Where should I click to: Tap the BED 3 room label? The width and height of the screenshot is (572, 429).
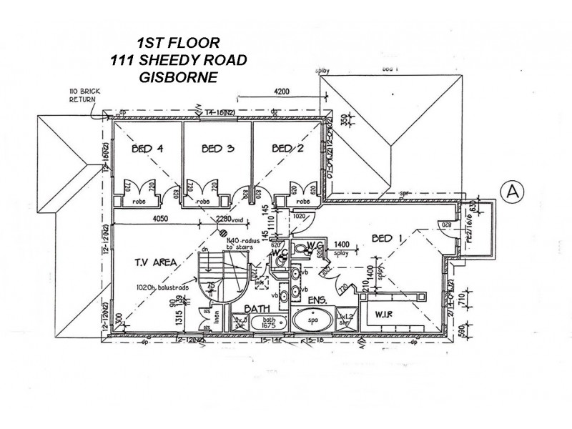[x=218, y=149]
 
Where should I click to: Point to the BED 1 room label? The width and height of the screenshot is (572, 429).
[x=389, y=240]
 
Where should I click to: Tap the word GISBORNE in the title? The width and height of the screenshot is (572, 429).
[x=179, y=77]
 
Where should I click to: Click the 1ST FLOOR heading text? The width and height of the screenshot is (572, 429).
[x=179, y=43]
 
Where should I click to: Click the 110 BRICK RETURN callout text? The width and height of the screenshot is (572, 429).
[x=82, y=95]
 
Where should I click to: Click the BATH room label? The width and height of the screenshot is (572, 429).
[x=256, y=310]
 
